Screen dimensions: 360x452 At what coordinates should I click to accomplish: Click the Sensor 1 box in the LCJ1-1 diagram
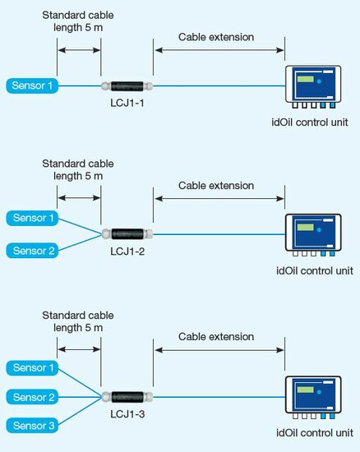pos(32,85)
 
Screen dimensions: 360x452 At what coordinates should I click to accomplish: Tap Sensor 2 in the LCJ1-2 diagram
pos(32,251)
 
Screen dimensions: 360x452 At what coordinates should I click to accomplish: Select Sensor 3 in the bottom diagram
pos(32,426)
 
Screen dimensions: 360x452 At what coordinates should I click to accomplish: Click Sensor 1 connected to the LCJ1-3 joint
pos(32,368)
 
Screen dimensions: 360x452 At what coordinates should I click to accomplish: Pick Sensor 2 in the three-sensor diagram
pos(32,397)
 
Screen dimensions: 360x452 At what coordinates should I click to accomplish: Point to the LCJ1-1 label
pos(127,103)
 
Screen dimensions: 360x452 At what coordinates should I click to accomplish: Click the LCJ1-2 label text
pos(127,251)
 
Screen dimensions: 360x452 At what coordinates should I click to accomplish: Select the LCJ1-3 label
pos(127,414)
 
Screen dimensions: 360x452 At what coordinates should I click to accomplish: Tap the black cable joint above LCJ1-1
pos(127,86)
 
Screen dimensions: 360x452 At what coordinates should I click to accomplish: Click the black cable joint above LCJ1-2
pos(127,233)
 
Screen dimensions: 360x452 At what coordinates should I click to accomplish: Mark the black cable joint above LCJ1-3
pos(127,397)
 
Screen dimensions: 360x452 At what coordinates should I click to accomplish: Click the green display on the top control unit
pos(306,79)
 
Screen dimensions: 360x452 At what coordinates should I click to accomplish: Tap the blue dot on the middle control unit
pos(319,230)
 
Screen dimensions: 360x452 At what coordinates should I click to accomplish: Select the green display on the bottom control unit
pos(306,390)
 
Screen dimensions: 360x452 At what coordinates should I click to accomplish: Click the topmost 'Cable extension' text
pos(216,37)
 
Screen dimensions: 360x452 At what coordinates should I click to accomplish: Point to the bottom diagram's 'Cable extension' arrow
pos(219,350)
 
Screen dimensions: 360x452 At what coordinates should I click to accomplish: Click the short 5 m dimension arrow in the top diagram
pos(79,50)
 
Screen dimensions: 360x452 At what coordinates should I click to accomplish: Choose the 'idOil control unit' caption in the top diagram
pos(310,122)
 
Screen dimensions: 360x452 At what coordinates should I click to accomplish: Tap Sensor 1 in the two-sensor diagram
pos(32,219)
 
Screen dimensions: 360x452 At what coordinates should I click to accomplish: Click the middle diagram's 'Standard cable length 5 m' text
pos(78,170)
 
